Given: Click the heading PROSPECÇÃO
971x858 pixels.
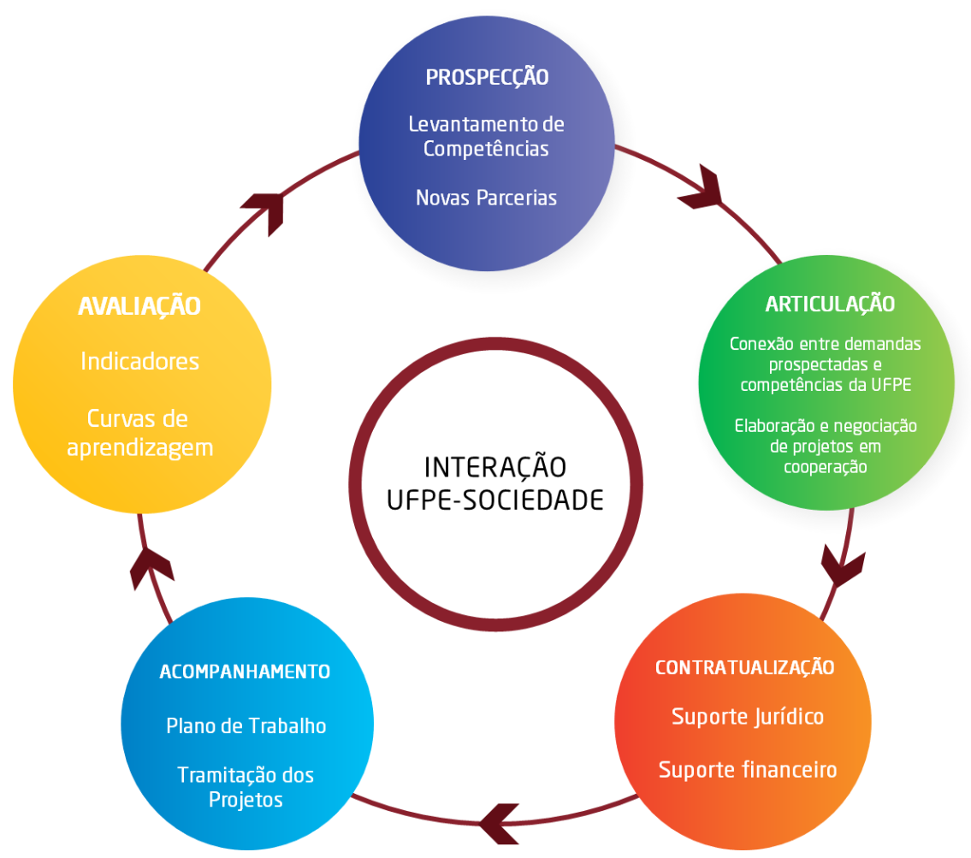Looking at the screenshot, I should pos(487,77).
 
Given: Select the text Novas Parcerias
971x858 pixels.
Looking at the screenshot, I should pos(486,198).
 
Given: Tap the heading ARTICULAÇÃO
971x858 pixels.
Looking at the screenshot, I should pos(830,304).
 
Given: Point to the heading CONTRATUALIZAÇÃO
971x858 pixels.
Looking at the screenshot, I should pos(744,667).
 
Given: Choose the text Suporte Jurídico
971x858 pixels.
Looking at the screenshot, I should pos(748,716).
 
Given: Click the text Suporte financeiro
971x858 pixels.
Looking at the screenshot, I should pos(748,770).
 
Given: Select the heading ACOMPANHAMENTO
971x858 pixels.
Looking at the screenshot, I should pos(245,672).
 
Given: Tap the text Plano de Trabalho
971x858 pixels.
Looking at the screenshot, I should pos(246,726).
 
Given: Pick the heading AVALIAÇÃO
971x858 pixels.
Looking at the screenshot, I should pos(139,306).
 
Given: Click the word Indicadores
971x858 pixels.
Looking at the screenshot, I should pos(139,361).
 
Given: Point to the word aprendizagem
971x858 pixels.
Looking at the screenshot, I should pos(139,447).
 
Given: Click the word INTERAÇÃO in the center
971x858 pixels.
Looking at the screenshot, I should pos(495,468).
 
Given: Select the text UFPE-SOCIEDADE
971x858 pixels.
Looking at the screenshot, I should pos(495,500).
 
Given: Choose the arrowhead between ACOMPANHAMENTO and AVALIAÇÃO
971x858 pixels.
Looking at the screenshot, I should pos(151,566).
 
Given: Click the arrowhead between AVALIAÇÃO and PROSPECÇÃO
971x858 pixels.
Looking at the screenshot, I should pos(266,210).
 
